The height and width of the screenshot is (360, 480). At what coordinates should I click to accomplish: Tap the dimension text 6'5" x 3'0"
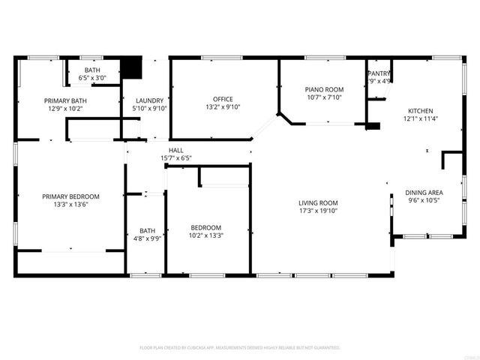pyautogui.click(x=92, y=77)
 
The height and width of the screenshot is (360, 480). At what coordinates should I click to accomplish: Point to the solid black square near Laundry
pyautogui.click(x=133, y=67)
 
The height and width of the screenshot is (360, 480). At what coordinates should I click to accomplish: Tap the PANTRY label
pyautogui.click(x=379, y=73)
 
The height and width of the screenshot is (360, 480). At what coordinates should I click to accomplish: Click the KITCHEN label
pyautogui.click(x=421, y=109)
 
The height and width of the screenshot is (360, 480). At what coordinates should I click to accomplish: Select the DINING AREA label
pyautogui.click(x=424, y=192)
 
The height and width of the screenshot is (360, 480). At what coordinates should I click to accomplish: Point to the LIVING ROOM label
pyautogui.click(x=318, y=202)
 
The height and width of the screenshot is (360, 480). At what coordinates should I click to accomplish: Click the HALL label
pyautogui.click(x=176, y=150)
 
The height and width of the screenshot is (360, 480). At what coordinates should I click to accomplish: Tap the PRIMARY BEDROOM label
pyautogui.click(x=70, y=196)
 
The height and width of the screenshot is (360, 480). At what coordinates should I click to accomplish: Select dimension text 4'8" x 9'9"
pyautogui.click(x=147, y=238)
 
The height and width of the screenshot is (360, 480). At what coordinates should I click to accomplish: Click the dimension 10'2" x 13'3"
pyautogui.click(x=205, y=235)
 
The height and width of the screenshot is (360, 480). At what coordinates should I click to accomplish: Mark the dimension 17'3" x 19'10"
pyautogui.click(x=318, y=211)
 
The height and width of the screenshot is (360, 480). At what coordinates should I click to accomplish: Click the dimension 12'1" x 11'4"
pyautogui.click(x=421, y=118)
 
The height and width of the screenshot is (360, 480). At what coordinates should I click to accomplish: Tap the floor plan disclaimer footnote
pyautogui.click(x=240, y=348)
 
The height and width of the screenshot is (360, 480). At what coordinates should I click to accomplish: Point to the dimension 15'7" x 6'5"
pyautogui.click(x=176, y=158)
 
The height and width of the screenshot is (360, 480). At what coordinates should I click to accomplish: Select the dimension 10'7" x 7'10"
pyautogui.click(x=324, y=97)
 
